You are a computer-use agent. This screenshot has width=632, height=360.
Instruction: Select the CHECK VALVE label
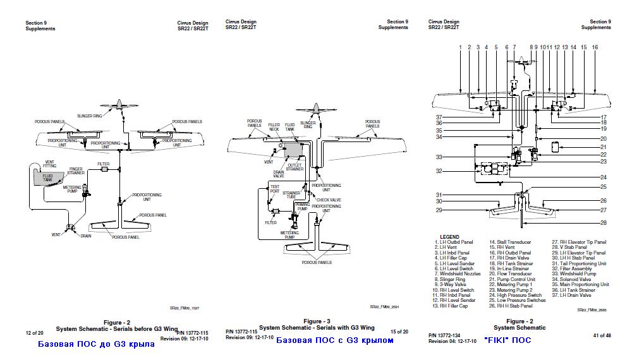(x=328, y=200)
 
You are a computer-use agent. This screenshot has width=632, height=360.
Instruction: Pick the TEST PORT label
(x=274, y=188)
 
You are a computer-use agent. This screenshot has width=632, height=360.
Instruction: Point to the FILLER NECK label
(x=274, y=127)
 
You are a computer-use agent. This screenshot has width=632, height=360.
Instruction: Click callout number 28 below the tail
(x=603, y=223)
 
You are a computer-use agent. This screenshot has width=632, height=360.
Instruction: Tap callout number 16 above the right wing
(x=595, y=47)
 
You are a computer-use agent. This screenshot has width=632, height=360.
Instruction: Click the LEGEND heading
(x=449, y=237)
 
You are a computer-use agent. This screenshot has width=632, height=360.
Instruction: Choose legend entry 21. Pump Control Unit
(x=512, y=279)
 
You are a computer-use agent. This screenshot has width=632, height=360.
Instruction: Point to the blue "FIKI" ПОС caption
(x=507, y=340)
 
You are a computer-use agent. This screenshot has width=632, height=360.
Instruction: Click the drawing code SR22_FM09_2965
(x=593, y=310)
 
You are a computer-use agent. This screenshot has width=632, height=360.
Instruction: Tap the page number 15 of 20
(x=399, y=332)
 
